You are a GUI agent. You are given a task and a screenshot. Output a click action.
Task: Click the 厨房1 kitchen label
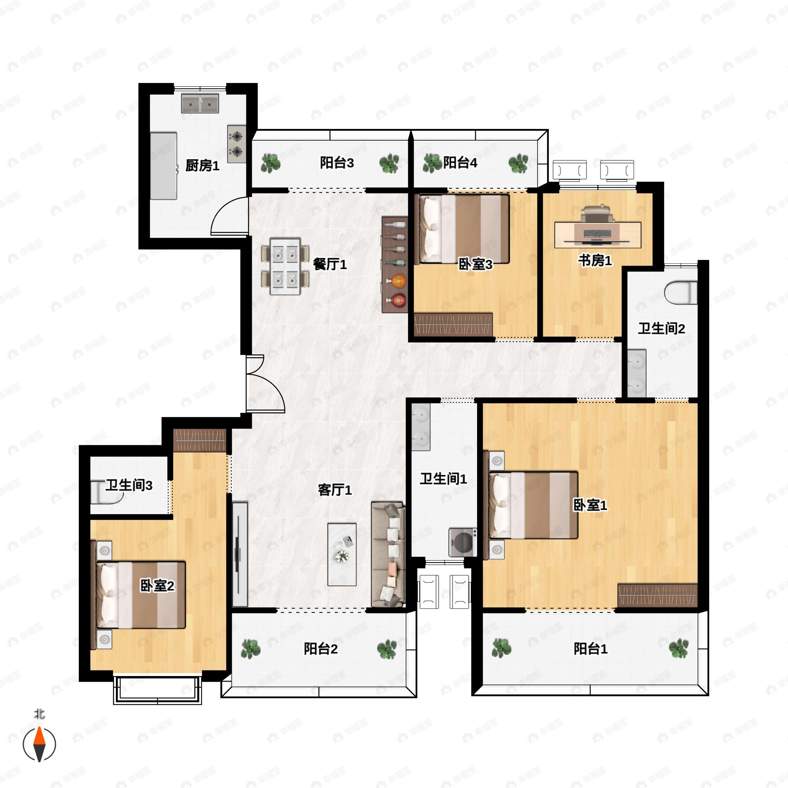pos(202,165)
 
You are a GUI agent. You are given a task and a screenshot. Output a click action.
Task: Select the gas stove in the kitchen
pos(236,144)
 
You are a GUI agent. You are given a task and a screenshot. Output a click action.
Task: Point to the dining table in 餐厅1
pos(285,266)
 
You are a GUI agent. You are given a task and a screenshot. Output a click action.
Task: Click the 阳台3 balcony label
pos(337,163)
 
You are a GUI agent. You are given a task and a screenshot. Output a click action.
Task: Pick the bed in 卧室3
pos(462,229)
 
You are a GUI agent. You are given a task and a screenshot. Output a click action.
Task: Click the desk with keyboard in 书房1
pos(598,234)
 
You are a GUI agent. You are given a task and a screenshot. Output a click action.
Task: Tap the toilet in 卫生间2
pos(680,293)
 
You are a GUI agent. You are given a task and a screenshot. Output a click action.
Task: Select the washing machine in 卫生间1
pos(463,542)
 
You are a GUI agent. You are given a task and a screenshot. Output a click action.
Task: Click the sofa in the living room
pos(388,554)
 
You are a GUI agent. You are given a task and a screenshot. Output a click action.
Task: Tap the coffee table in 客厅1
pos(342,554)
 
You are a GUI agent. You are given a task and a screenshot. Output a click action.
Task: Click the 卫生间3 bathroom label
pos(129,485)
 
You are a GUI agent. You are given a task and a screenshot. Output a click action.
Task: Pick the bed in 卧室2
pos(141,595)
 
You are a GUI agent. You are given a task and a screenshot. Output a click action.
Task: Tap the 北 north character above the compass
pos(39,714)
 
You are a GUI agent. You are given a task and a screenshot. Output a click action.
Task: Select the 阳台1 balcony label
pos(590,648)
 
